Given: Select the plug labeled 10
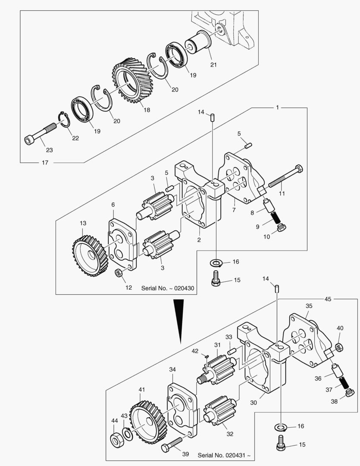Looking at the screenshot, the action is pos(281,228).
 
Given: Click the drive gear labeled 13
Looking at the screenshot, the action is pos(90,255).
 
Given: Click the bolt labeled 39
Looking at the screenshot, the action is pos(172,444).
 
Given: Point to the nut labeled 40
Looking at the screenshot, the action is pos(339,347).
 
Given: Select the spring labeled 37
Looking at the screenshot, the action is pos(344,382).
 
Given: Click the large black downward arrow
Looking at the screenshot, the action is pos(178,321).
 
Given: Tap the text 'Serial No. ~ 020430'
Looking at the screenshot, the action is pos(168,288).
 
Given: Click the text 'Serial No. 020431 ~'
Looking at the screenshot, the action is pos(224,455).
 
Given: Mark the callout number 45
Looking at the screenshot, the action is pos(328,299).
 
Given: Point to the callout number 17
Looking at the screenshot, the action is pos(45,163).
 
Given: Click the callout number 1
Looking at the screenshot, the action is pos(277,107).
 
